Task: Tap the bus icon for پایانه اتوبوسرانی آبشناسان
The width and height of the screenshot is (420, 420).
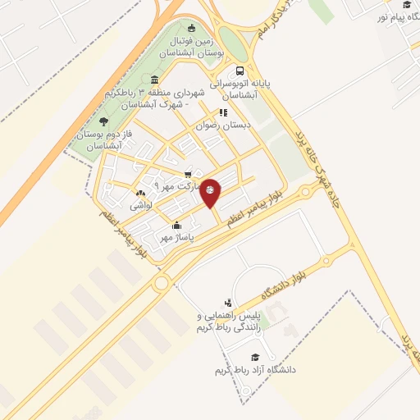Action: (239, 71)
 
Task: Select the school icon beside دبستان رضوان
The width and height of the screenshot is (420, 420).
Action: (222, 113)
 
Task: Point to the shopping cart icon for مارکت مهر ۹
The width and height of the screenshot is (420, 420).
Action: (189, 174)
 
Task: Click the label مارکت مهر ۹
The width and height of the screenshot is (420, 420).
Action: (171, 186)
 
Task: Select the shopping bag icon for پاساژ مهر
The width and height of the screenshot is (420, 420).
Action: (176, 225)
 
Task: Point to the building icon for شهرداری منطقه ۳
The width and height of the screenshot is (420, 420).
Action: (155, 80)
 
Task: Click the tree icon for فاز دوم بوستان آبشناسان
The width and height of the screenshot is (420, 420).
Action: (106, 120)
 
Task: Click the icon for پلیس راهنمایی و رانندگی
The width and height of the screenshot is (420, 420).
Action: (227, 303)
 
